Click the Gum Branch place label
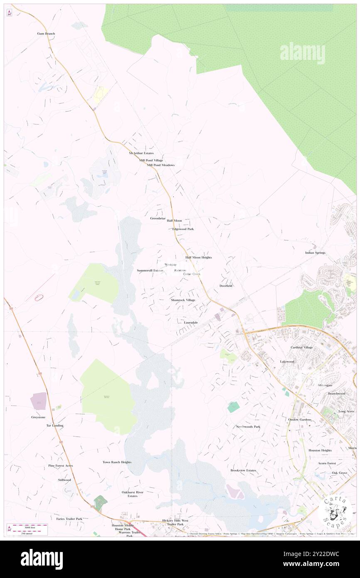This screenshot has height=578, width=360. point(46,33)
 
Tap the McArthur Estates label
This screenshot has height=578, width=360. point(141,153)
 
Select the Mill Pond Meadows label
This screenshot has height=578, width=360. point(160,165)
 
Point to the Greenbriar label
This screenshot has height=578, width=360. point(158,218)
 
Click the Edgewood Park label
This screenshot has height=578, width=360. point(183,229)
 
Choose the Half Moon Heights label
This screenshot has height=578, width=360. point(198,257)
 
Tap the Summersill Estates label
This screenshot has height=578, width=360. point(150,270)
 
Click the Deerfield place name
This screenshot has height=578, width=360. point(226,286)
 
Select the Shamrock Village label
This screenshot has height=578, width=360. point(182,300)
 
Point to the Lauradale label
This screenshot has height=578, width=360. point(191,322)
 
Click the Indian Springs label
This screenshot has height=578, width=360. point(315,252)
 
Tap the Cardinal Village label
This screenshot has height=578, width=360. point(302,347)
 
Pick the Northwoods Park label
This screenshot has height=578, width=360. point(248,427)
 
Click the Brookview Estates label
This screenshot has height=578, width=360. point(243,470)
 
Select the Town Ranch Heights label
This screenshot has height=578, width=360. point(117,462)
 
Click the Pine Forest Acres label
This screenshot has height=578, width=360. point(60,465)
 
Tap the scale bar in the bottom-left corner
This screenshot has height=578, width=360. point(27,529)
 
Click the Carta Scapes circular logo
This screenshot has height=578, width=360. point(335,512)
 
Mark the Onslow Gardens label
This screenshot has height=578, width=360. point(299,420)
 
